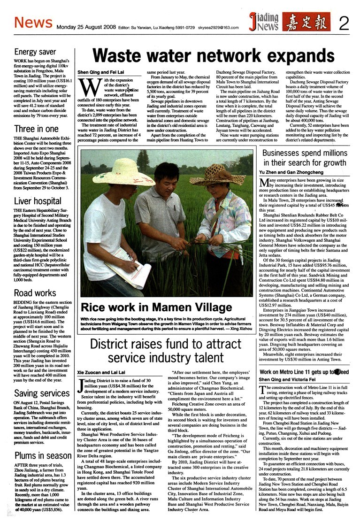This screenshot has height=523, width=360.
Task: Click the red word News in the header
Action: click(x=31, y=22)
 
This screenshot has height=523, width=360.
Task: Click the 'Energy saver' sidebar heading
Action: click(x=35, y=52)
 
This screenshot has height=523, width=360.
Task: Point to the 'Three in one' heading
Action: click(x=37, y=129)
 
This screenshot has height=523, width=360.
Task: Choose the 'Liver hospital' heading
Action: click(x=38, y=201)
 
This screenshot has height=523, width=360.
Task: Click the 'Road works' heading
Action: click(x=35, y=293)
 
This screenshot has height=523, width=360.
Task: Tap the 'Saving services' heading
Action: click(x=42, y=393)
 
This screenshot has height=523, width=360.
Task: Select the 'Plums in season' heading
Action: click(x=43, y=455)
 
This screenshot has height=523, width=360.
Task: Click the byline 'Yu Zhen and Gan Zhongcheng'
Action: click(x=291, y=172)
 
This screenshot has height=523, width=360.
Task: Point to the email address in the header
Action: click(x=219, y=27)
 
